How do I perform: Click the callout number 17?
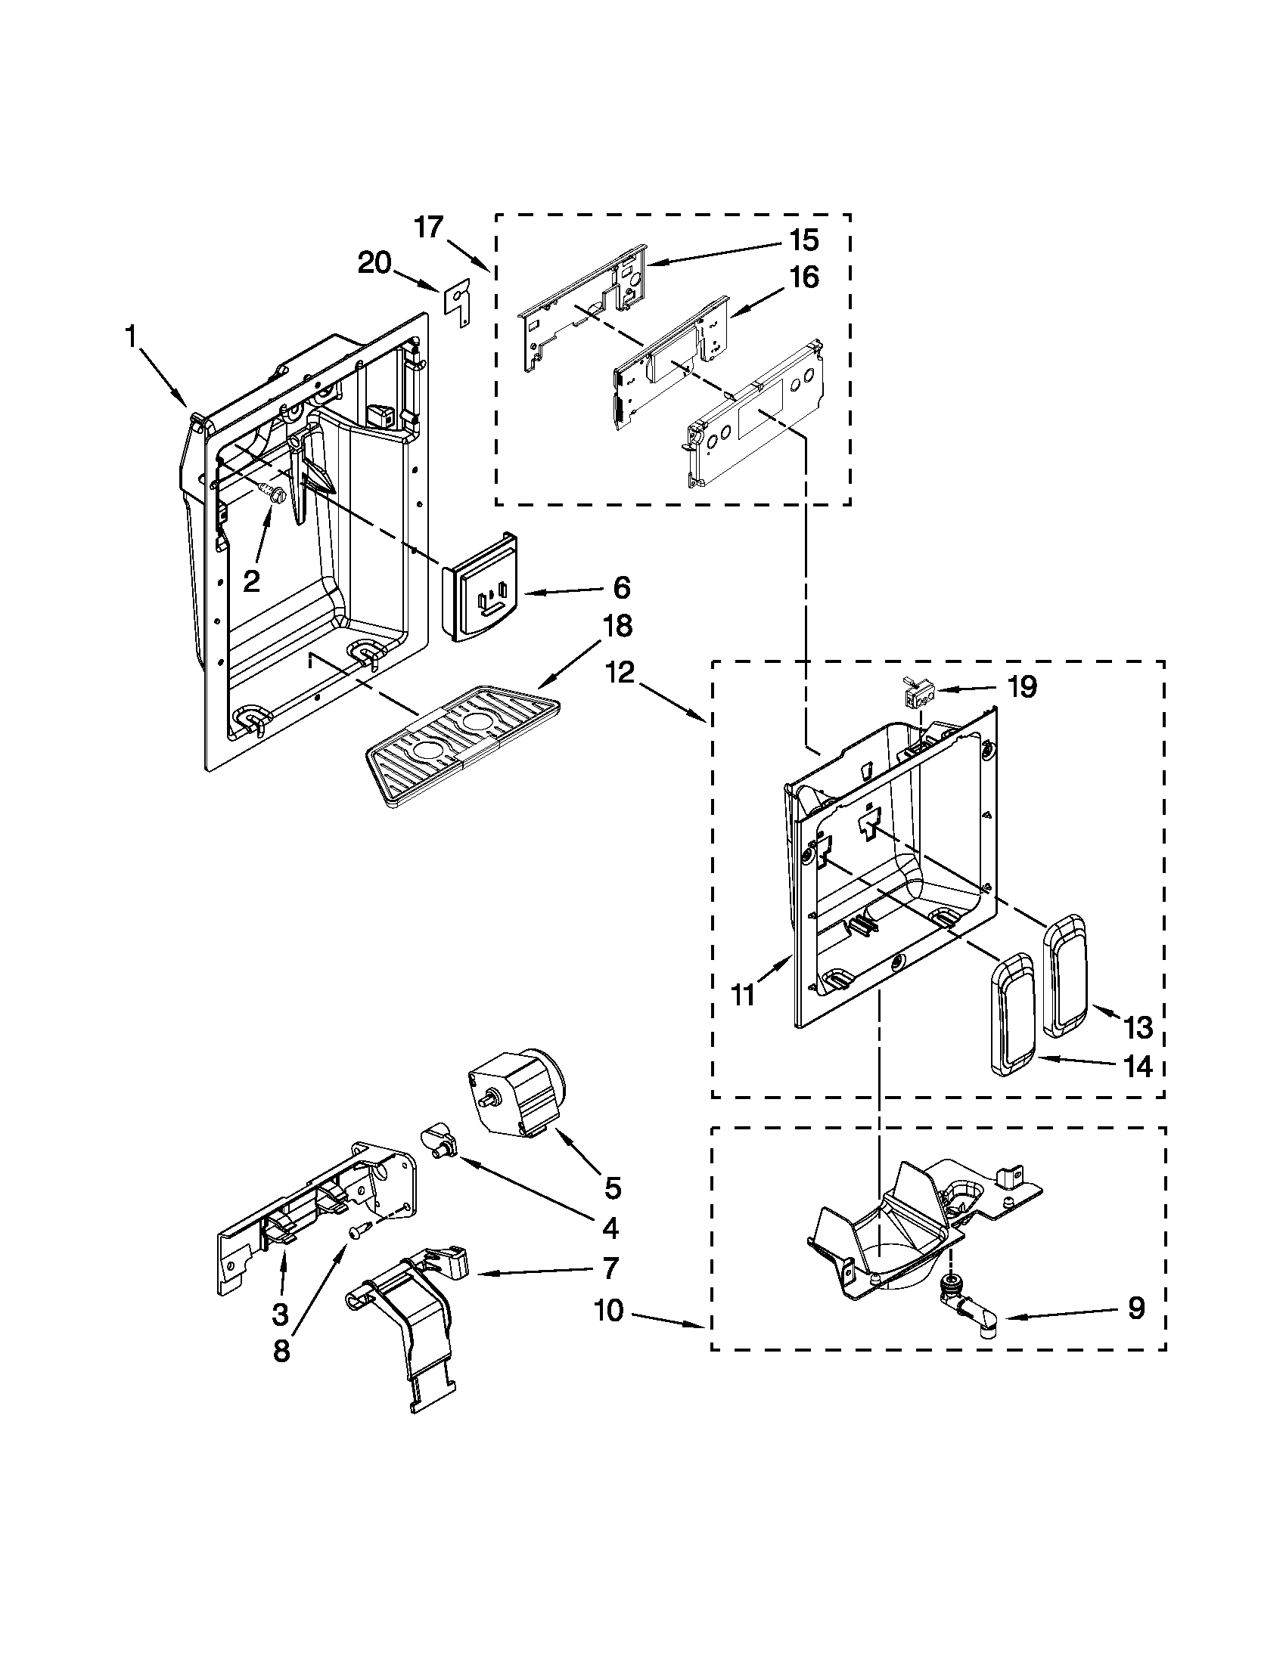(428, 227)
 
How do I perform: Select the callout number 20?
(374, 264)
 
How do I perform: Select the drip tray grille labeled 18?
(463, 746)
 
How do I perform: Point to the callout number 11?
(743, 993)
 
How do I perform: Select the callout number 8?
(281, 1351)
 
